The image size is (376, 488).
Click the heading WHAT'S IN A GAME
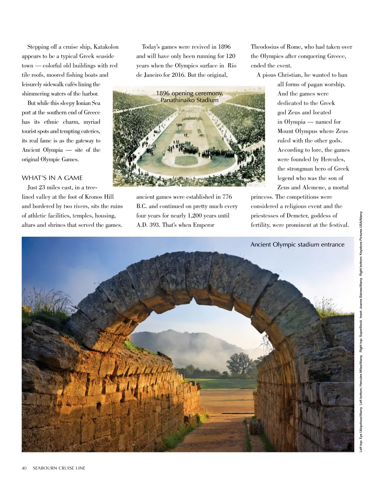52,178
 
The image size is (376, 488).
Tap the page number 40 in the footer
24,468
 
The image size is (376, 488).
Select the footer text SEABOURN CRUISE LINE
59,468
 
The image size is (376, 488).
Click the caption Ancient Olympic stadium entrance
297,245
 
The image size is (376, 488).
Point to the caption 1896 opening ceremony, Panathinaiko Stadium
189,97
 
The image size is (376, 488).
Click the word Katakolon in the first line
106,47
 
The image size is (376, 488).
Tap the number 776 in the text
227,197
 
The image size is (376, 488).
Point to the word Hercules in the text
333,159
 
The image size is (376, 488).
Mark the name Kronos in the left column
94,197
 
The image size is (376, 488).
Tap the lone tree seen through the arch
239,361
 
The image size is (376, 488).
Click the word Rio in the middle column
232,66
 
